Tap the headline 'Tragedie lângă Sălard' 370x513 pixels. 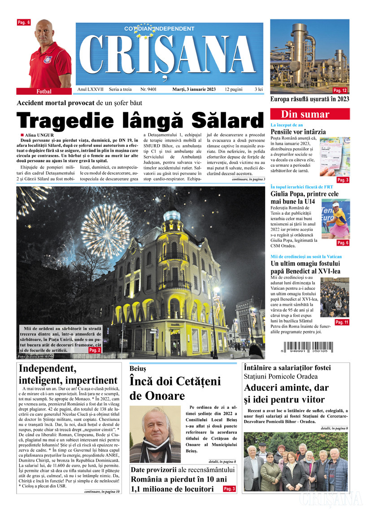(139, 120)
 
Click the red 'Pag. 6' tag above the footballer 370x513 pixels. (24, 22)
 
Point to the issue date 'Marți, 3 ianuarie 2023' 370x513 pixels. (194, 89)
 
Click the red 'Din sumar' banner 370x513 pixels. (310, 114)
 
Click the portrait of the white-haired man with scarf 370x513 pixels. (154, 434)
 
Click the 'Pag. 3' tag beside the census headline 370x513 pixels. (229, 489)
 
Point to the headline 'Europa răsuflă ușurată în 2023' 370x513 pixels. (309, 99)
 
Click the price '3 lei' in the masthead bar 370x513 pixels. (258, 89)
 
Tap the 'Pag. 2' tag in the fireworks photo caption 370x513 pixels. (95, 350)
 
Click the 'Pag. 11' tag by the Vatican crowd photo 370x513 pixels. (342, 322)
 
